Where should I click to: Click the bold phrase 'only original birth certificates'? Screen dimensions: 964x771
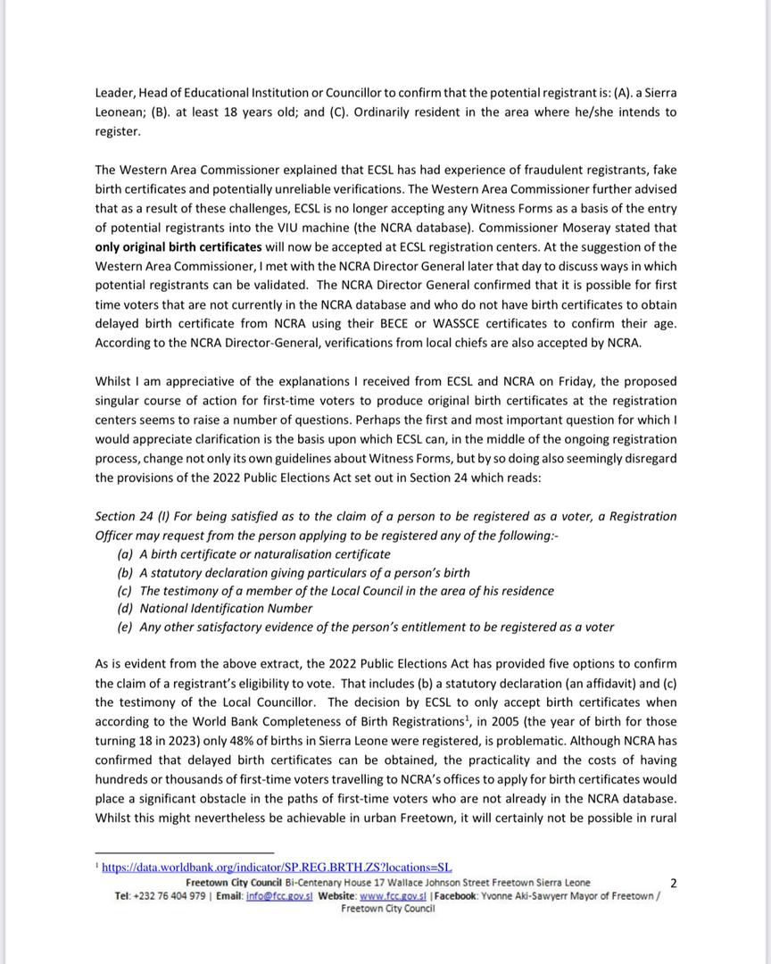click(x=178, y=246)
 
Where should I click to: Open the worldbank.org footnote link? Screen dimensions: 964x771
click(x=277, y=867)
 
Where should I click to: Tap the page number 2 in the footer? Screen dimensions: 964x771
click(x=673, y=884)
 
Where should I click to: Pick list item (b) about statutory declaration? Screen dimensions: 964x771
click(x=293, y=572)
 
